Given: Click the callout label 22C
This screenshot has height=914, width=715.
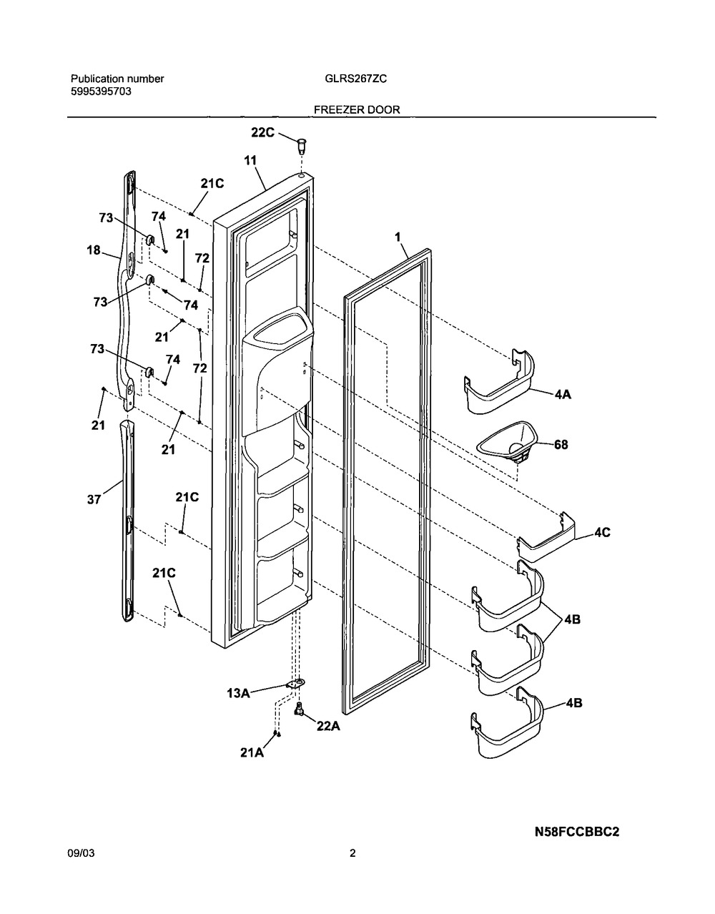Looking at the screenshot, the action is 262,132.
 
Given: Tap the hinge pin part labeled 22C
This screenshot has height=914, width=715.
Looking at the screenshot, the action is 302,147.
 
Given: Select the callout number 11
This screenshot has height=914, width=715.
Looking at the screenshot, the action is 250,160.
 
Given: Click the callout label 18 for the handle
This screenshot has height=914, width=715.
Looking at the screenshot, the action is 94,250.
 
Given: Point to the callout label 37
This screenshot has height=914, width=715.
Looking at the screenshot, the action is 94,500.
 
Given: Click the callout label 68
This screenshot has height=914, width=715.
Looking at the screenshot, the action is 561,444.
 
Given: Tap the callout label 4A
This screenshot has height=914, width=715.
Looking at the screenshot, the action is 563,394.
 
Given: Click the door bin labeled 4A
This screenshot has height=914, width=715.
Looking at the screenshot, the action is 499,381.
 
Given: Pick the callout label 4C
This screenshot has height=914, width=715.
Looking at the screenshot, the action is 602,533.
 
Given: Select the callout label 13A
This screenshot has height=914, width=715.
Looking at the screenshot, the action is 239,693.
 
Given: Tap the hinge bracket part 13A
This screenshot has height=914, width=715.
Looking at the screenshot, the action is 295,684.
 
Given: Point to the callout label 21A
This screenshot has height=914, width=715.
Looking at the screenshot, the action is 252,752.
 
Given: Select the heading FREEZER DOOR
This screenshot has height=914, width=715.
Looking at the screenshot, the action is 357,110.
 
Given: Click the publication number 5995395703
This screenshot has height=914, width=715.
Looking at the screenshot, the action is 101,92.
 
